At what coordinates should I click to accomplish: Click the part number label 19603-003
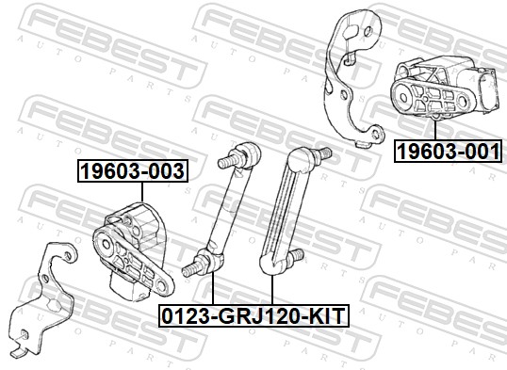tap(133, 170)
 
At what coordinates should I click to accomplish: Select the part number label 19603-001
tap(448, 151)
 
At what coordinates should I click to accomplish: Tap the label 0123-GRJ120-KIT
tap(253, 315)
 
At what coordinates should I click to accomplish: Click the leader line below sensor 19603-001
tap(435, 130)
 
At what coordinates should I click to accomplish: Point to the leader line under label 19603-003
tap(141, 192)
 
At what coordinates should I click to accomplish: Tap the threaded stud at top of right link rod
tap(323, 153)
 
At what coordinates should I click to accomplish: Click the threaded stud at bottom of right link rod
tap(297, 254)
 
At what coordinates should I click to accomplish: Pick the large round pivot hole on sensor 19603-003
tap(106, 244)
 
